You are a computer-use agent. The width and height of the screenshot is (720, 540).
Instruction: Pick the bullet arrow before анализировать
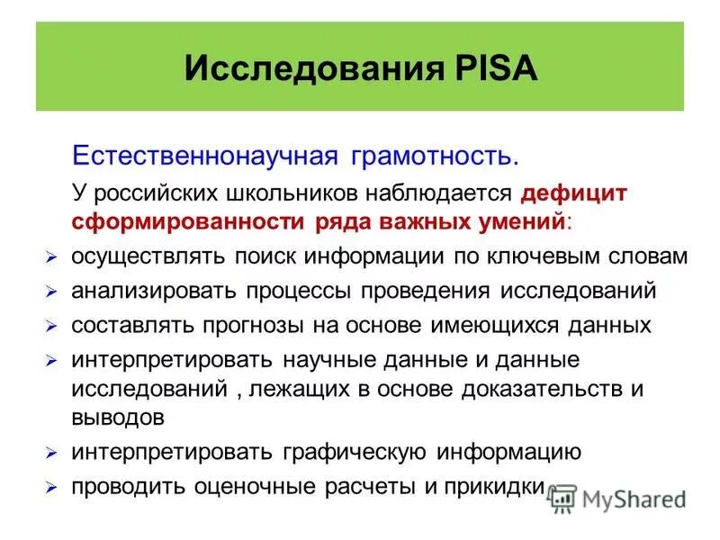pos(52,293)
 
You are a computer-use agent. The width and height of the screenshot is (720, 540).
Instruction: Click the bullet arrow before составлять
pos(52,327)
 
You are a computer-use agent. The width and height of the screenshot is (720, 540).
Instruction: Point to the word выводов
pos(118,418)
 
